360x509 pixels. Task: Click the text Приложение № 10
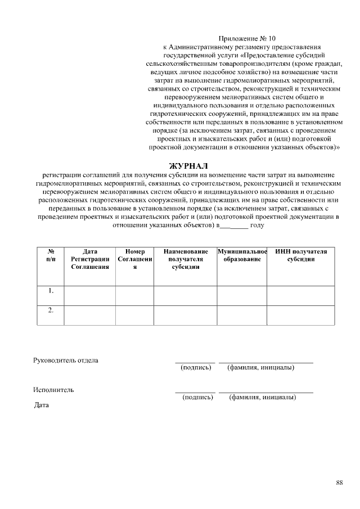tap(247, 38)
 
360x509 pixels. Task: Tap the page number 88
tap(339, 483)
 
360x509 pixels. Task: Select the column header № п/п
tap(51, 255)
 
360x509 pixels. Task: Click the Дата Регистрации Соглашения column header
tap(90, 259)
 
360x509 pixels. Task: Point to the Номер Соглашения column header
tap(134, 259)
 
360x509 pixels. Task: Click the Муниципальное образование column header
tap(242, 255)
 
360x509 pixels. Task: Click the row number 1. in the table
tap(51, 291)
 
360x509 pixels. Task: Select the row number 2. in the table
tap(51, 311)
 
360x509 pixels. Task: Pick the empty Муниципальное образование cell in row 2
tap(242, 315)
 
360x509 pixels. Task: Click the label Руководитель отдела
tap(66, 360)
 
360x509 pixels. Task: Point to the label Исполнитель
tap(53, 389)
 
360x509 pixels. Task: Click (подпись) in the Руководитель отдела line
tap(196, 368)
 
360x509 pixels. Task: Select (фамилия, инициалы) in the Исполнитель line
tap(263, 397)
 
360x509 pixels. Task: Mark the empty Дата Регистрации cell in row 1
tap(90, 295)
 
